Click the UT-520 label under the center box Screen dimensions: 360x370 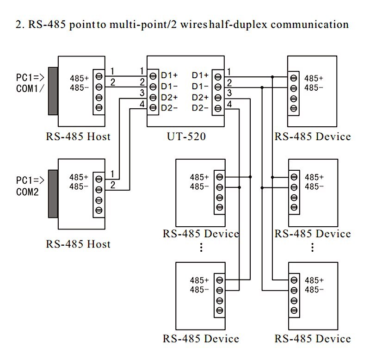click(186, 137)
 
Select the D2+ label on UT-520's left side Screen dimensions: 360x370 click(169, 98)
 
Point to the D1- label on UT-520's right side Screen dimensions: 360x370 click(200, 87)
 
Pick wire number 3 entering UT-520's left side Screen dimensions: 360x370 click(142, 93)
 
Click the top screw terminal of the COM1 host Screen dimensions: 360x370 click(99, 76)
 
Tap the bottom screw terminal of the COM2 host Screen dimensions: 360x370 click(99, 211)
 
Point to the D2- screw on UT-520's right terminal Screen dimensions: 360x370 click(218, 108)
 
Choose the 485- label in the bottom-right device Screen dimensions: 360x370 click(314, 290)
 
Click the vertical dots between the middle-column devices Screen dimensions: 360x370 click(201, 248)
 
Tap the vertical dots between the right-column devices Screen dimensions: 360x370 click(313, 248)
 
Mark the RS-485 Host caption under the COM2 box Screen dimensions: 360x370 click(78, 244)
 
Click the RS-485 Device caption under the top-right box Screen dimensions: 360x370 click(313, 137)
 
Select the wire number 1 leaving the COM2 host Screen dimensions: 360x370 click(112, 174)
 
